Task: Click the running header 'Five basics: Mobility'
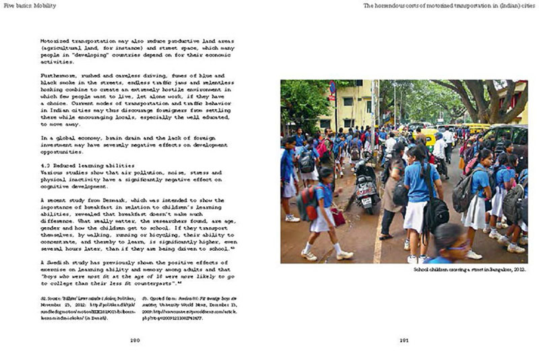[29, 4]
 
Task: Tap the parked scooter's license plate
[366, 200]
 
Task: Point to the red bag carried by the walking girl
[338, 216]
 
